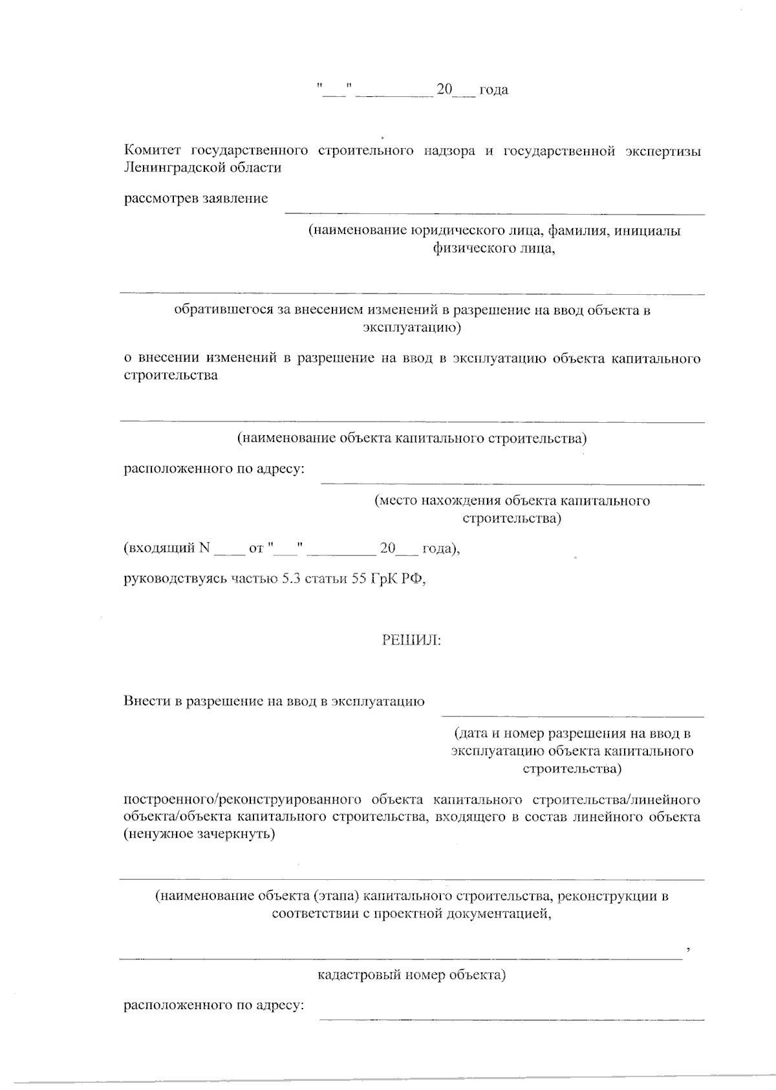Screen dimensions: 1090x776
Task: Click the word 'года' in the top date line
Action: pos(493,91)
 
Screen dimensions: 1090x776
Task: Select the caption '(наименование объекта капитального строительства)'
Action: pos(412,439)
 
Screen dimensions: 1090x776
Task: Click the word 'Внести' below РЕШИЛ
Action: pos(146,701)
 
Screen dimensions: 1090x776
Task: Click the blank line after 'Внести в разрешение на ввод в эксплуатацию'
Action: pos(572,715)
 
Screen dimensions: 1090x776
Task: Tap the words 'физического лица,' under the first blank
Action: pos(495,248)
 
